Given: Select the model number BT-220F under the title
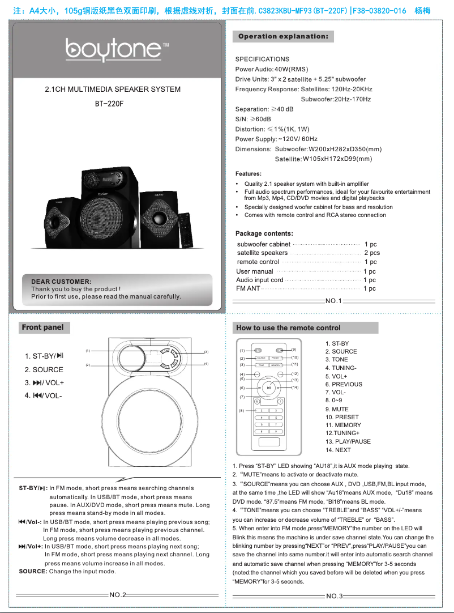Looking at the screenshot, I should [x=109, y=104].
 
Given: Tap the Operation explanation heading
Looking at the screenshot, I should [x=283, y=36].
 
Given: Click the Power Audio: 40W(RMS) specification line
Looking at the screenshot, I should [x=271, y=69].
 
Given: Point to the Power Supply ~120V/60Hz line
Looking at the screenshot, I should [x=276, y=139].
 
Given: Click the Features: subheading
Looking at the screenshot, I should [x=248, y=173].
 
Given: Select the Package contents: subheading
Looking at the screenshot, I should [x=264, y=233].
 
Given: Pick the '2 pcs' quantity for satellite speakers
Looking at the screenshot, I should [x=372, y=253].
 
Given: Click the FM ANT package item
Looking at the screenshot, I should [x=248, y=288].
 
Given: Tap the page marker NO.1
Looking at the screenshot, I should [x=333, y=300].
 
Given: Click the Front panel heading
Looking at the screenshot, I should [x=42, y=327].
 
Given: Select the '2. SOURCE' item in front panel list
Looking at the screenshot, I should [x=44, y=369].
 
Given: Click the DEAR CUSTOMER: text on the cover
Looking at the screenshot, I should [x=61, y=282].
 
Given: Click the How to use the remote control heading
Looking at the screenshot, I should [x=288, y=327].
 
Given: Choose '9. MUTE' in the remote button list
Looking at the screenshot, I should [x=337, y=409].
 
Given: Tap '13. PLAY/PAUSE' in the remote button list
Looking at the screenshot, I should [x=348, y=441].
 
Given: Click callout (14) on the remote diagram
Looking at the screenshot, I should [x=295, y=388].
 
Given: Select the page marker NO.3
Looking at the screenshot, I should [x=333, y=597].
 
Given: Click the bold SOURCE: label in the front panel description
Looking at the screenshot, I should [x=33, y=572].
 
